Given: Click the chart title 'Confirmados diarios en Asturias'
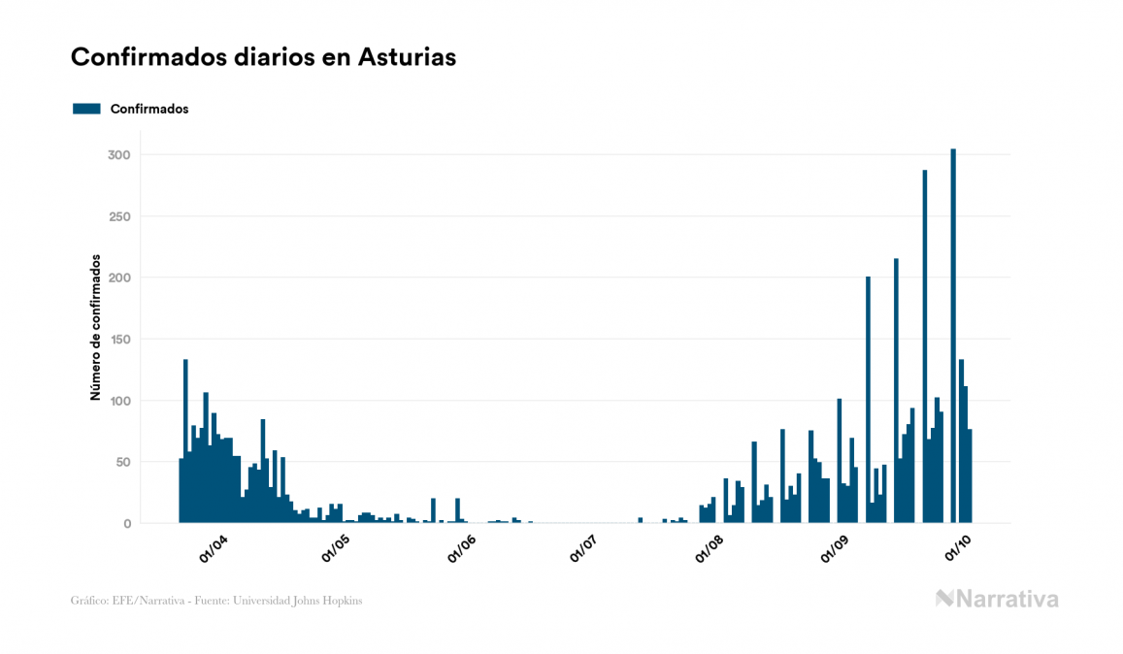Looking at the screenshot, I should click(263, 57).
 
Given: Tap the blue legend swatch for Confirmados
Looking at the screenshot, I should click(86, 109).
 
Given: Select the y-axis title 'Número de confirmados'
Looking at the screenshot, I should click(95, 327).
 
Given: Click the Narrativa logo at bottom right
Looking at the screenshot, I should click(997, 599).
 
